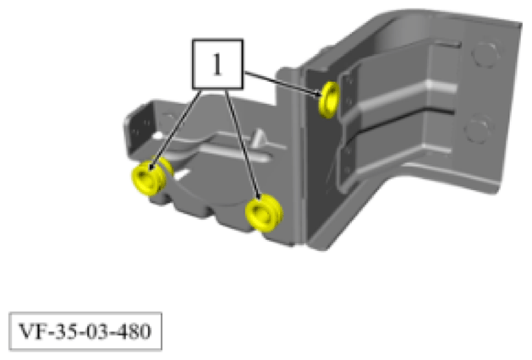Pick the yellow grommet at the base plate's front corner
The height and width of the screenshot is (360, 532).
pos(263,212)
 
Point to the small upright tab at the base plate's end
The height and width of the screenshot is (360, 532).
pos(136,125)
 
